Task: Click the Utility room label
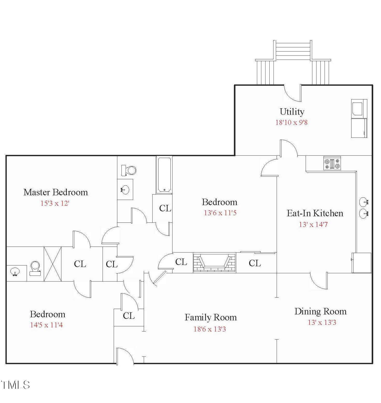click(x=292, y=112)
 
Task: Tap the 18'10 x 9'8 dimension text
click(x=291, y=123)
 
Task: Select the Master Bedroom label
click(x=56, y=192)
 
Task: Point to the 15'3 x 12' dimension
click(x=55, y=203)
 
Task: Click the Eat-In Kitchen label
click(x=315, y=213)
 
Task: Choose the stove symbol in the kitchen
click(x=332, y=163)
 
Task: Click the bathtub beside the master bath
click(x=164, y=175)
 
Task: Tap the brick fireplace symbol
click(x=214, y=263)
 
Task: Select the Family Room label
click(x=211, y=318)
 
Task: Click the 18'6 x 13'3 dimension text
click(x=210, y=329)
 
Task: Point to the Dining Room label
click(x=320, y=312)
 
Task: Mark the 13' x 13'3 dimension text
click(x=322, y=322)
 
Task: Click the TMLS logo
click(x=15, y=385)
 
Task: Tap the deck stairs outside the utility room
click(x=293, y=51)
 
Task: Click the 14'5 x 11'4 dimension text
click(x=46, y=325)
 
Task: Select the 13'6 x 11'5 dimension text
click(x=220, y=213)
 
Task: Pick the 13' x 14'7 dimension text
click(x=313, y=225)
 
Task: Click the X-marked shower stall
click(x=53, y=264)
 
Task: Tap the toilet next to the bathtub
click(x=129, y=170)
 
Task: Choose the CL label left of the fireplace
click(x=181, y=262)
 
